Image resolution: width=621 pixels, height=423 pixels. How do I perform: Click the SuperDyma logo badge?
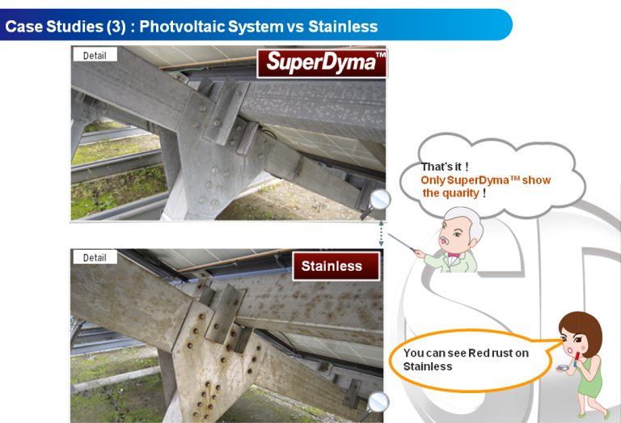323,63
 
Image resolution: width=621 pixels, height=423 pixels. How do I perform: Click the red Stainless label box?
336,266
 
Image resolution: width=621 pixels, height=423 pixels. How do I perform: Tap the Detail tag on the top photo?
95,55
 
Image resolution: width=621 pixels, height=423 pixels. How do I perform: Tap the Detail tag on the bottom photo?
95,257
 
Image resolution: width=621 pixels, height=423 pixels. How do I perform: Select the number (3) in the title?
116,27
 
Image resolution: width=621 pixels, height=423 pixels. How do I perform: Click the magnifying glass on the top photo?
377,203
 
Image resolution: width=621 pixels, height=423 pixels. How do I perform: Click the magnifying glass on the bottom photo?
375,405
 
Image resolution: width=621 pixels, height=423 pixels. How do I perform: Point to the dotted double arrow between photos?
381,234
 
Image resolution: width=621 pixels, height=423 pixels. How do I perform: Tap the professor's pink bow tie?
453,256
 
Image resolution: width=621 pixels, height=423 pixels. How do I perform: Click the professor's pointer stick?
401,242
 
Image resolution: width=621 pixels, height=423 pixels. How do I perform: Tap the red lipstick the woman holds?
577,357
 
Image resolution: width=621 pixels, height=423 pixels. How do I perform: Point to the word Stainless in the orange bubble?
428,366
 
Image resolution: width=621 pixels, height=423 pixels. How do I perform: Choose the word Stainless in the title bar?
343,27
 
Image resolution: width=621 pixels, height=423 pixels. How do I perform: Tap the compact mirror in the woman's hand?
563,368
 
